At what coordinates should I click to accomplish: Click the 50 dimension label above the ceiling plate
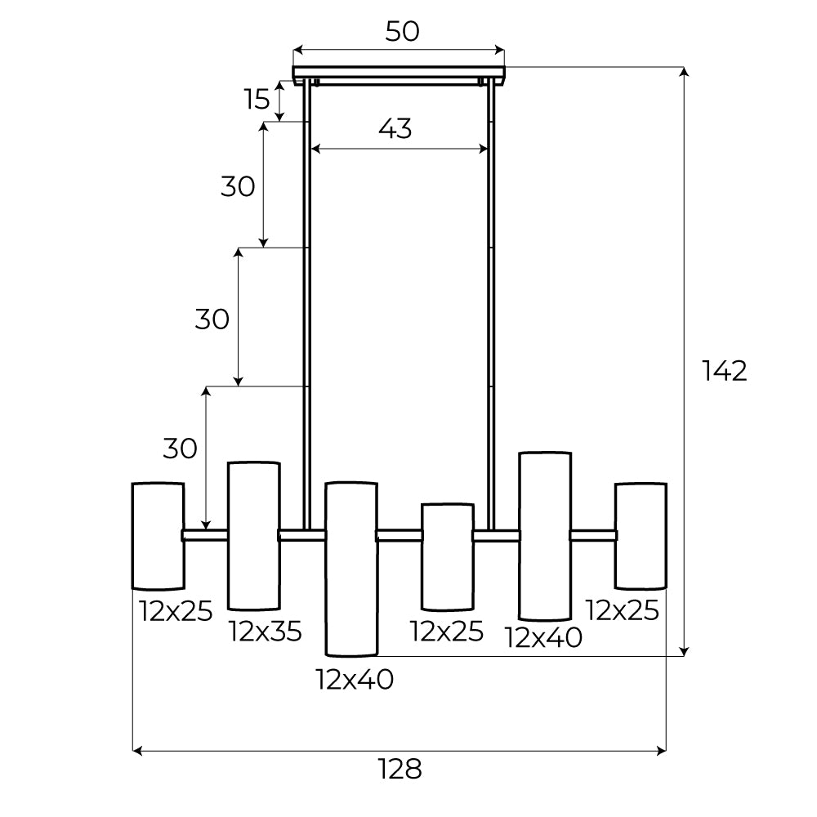tap(402, 31)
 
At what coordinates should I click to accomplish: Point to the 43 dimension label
tap(395, 128)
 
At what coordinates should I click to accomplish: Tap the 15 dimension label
tap(257, 100)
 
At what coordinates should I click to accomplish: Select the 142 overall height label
tap(725, 371)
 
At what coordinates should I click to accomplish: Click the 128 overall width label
tap(400, 769)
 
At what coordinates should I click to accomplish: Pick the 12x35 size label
tap(266, 631)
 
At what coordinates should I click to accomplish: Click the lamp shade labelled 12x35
tap(253, 536)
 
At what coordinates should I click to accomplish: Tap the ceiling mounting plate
tap(399, 73)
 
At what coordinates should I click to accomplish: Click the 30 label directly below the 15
tap(238, 187)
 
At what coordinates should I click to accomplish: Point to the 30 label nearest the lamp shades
tap(180, 449)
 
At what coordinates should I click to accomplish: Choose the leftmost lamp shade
tap(158, 536)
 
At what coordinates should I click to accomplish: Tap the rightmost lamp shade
tap(641, 536)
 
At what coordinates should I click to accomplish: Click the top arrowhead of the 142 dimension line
tap(685, 72)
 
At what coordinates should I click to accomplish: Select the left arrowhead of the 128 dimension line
tap(137, 750)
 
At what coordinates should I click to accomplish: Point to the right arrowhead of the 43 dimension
tap(484, 150)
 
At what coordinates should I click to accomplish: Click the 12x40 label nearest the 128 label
tap(355, 679)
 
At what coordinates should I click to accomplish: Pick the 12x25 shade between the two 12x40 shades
tap(447, 556)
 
